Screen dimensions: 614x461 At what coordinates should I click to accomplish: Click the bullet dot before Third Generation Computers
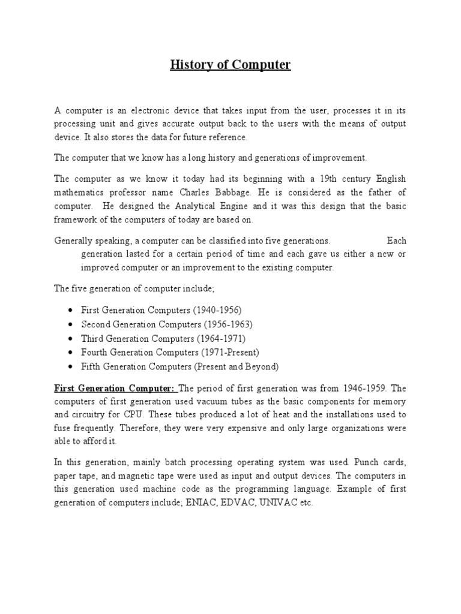(71, 339)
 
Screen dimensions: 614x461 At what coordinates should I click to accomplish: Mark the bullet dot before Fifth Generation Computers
(71, 367)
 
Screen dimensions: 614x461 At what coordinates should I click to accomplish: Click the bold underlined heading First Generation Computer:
(113, 387)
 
